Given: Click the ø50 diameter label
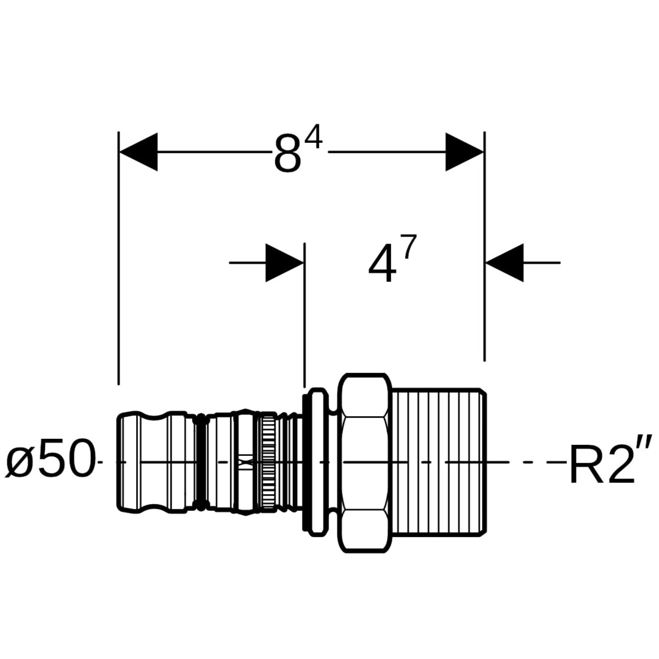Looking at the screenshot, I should coord(50,461).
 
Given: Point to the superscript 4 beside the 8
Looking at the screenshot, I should coord(314,142).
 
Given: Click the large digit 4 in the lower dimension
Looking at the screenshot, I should coord(382,267).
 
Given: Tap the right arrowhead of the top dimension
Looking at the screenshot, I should coord(464,152).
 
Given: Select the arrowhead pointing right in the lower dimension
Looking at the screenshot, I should coord(284,263).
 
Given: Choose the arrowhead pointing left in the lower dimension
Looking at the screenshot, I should coord(505,263).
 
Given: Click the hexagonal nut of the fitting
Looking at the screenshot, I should coord(364,463).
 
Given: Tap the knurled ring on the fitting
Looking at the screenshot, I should coord(267,463).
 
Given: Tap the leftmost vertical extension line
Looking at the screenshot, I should coord(118,256).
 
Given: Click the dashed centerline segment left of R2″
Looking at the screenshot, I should coord(537,462).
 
